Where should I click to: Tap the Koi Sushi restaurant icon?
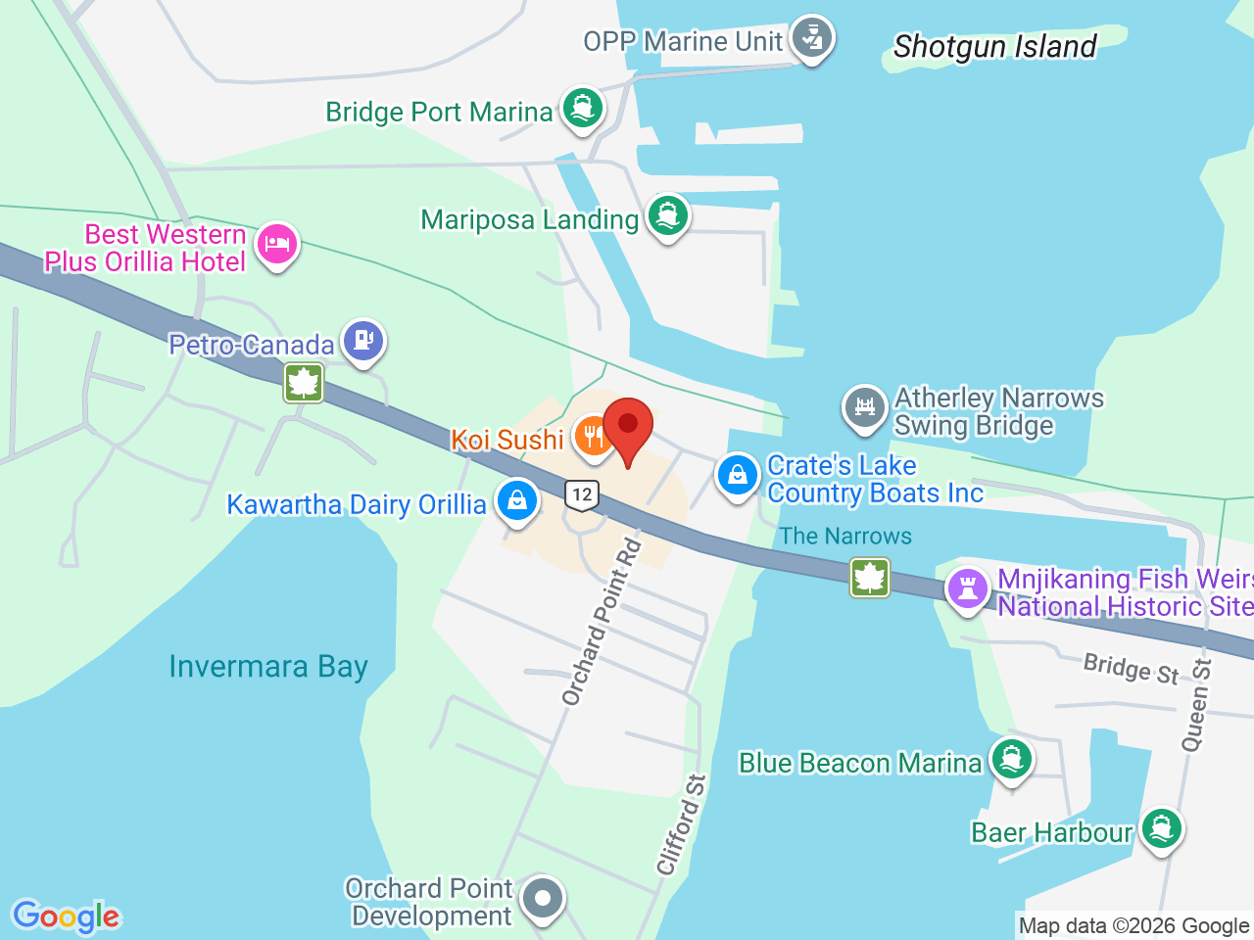pos(593,436)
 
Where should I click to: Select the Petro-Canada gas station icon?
pos(363,342)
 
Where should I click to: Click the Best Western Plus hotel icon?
pos(277,244)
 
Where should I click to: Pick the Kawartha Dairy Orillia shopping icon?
pos(516,501)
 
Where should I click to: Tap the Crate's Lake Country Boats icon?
pos(738,476)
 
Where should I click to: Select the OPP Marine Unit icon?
pos(810,38)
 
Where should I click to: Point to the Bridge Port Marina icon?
pos(583,109)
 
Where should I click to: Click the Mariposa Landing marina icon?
pos(668,216)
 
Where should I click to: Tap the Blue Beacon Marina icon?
pos(1011,760)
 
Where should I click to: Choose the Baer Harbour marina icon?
pos(1162,829)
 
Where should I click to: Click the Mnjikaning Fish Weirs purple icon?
pos(968,589)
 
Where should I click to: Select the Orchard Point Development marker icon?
pos(542,898)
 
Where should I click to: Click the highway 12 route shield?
pos(582,494)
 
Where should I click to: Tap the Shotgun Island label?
pos(994,46)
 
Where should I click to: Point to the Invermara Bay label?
pos(268,667)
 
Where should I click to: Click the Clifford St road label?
pos(682,824)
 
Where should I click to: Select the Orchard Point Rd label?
pos(602,622)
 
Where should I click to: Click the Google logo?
pos(67,917)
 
